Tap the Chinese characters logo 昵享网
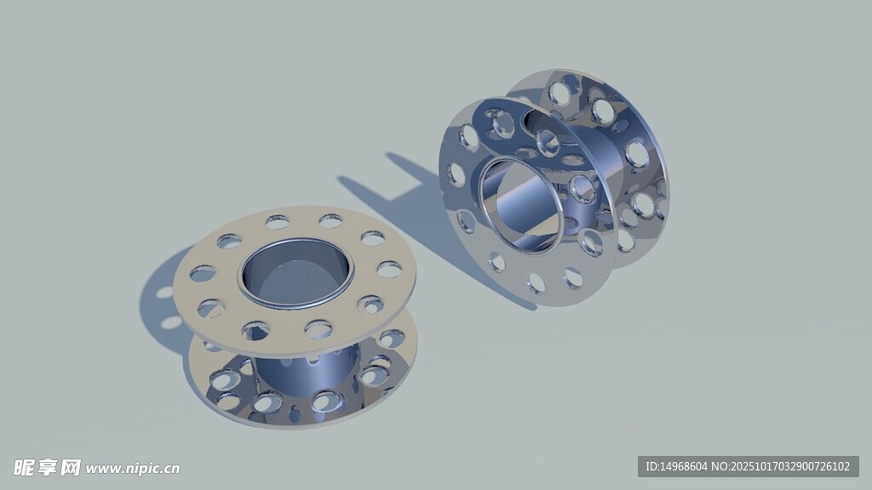(x=48, y=468)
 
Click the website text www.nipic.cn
(x=133, y=469)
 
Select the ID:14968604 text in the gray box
(x=675, y=467)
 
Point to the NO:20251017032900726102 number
(x=781, y=467)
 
